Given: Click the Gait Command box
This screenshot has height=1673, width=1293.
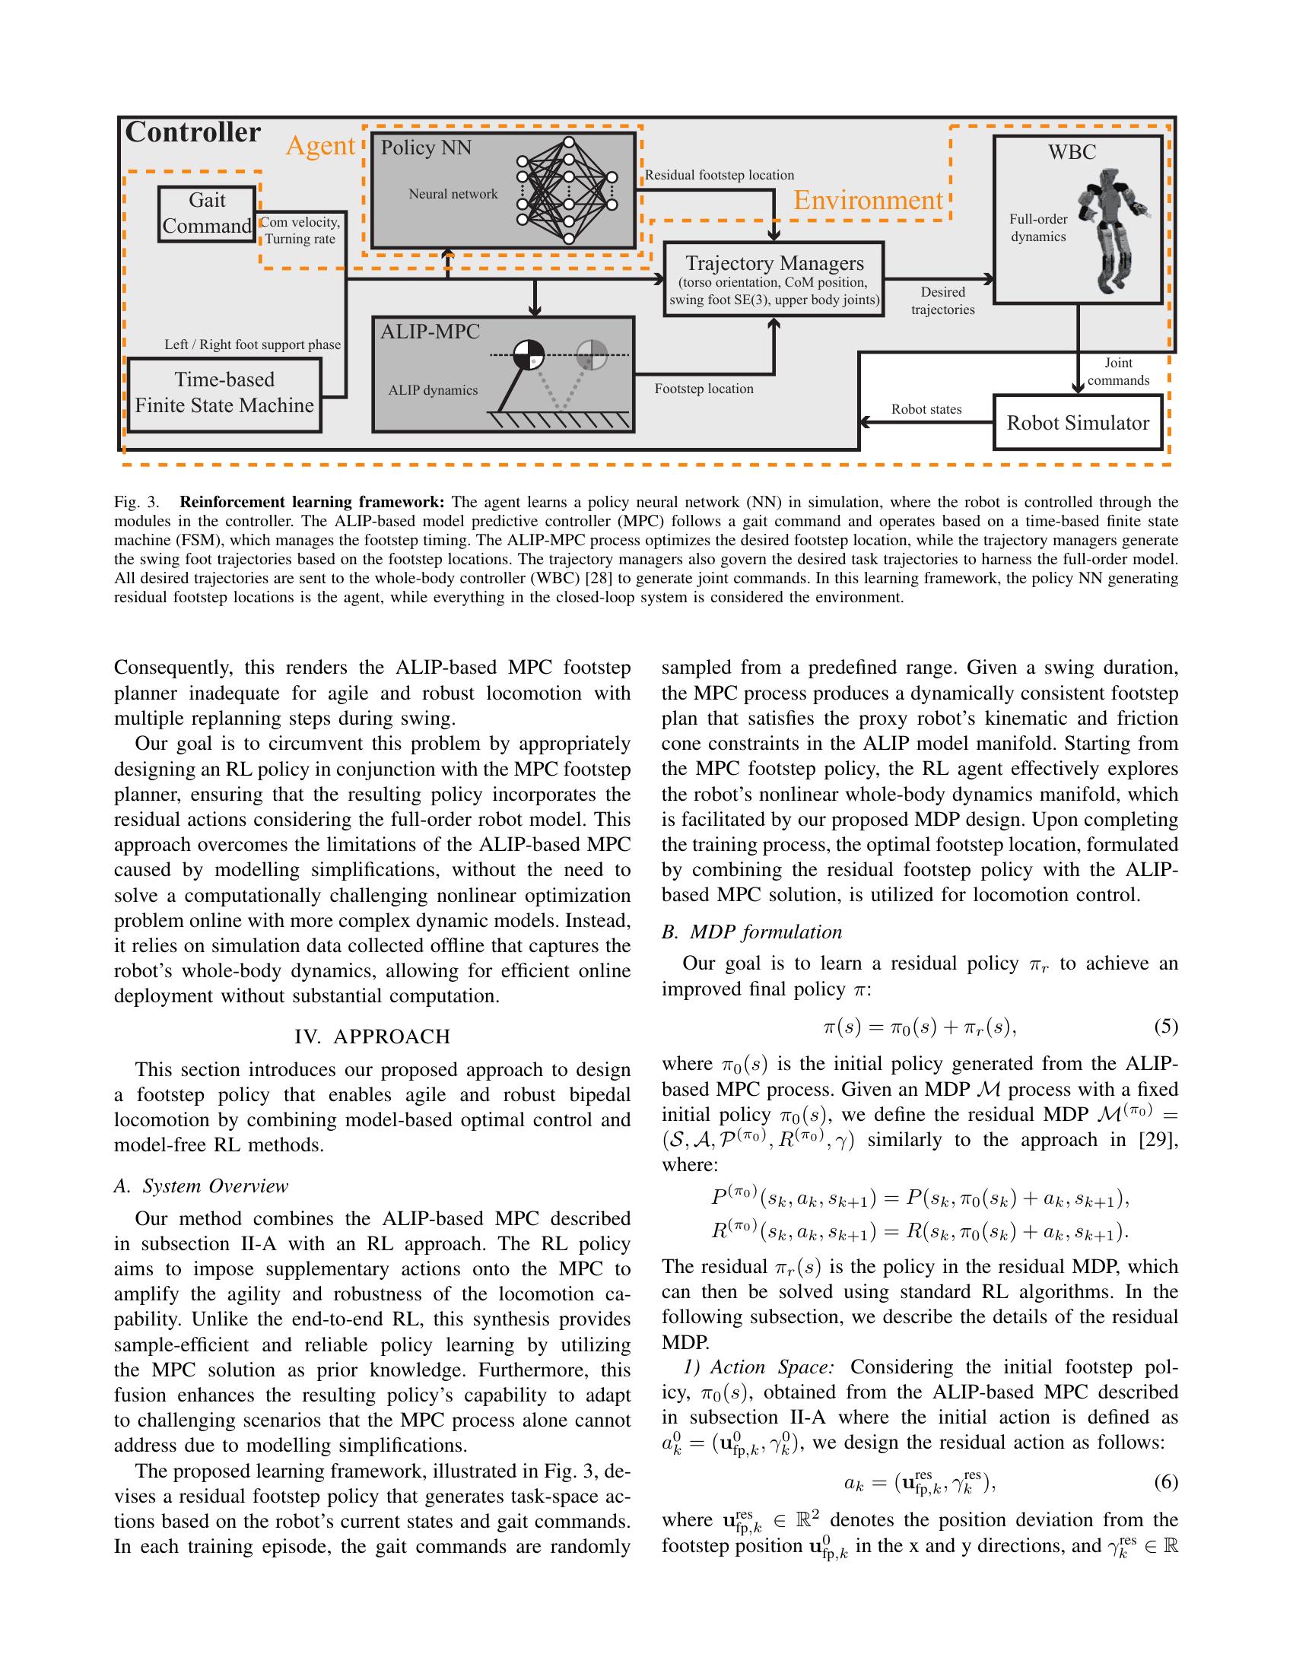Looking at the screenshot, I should (207, 214).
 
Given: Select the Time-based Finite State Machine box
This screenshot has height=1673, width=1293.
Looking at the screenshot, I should (224, 394).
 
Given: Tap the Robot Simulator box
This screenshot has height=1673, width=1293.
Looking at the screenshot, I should (1077, 422).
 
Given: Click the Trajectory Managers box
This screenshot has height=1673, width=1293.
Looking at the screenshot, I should (774, 280).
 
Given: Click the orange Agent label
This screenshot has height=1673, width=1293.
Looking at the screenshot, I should (320, 145).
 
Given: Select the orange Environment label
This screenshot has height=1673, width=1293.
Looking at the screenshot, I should (867, 201).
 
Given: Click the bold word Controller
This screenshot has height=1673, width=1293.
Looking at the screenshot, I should (193, 132).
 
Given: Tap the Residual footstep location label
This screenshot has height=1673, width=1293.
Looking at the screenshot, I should (719, 176).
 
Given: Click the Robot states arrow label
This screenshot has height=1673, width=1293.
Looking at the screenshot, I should (926, 409).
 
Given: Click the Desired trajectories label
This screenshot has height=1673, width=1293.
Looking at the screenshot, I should (942, 301).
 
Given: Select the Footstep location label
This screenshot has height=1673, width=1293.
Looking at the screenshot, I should (704, 389).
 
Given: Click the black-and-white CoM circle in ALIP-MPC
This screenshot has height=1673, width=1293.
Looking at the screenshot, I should (528, 354).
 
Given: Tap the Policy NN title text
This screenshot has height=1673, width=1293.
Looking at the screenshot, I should (426, 148).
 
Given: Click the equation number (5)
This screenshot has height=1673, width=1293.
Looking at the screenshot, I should (1165, 1027).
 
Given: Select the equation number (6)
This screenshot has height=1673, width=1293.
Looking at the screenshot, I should (1165, 1482).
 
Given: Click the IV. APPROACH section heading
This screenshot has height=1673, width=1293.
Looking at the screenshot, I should (372, 1037).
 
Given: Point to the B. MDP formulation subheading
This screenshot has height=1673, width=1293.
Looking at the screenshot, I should (751, 932).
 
